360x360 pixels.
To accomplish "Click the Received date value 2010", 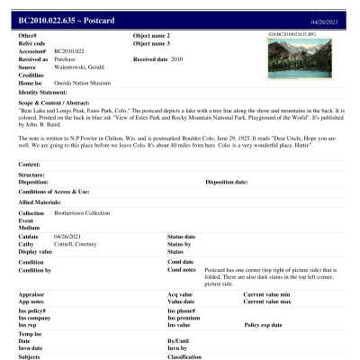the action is pyautogui.click(x=176, y=58).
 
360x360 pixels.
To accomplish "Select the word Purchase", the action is pyautogui.click(x=68, y=58).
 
